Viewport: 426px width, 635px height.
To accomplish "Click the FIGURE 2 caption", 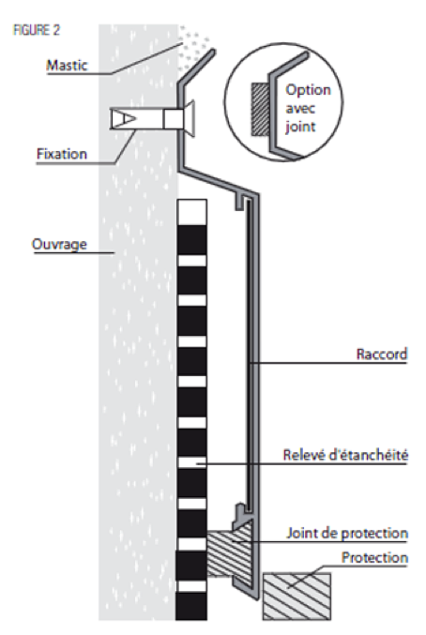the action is point(37,30).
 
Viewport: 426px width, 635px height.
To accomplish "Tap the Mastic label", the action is point(67,66).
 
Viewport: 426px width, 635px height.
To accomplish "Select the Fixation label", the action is point(62,154).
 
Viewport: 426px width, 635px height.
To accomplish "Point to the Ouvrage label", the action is point(59,244).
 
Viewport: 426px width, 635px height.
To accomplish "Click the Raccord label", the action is point(382,354).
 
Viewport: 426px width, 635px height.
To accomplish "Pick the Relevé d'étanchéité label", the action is point(345,455).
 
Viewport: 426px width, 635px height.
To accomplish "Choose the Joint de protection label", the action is point(347,533).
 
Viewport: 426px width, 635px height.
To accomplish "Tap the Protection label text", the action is point(374,558).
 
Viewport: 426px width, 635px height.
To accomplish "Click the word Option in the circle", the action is point(308,90).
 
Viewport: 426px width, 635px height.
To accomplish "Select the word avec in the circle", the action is point(300,109).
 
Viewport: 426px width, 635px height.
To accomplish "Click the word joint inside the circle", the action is point(300,127).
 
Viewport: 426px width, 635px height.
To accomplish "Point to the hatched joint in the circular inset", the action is point(260,110).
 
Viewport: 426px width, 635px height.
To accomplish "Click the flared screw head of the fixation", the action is point(190,119).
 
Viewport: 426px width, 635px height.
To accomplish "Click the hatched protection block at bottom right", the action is point(297,596).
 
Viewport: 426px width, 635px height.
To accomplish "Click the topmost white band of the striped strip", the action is point(192,212).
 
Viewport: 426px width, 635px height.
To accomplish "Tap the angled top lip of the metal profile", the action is point(196,68).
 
